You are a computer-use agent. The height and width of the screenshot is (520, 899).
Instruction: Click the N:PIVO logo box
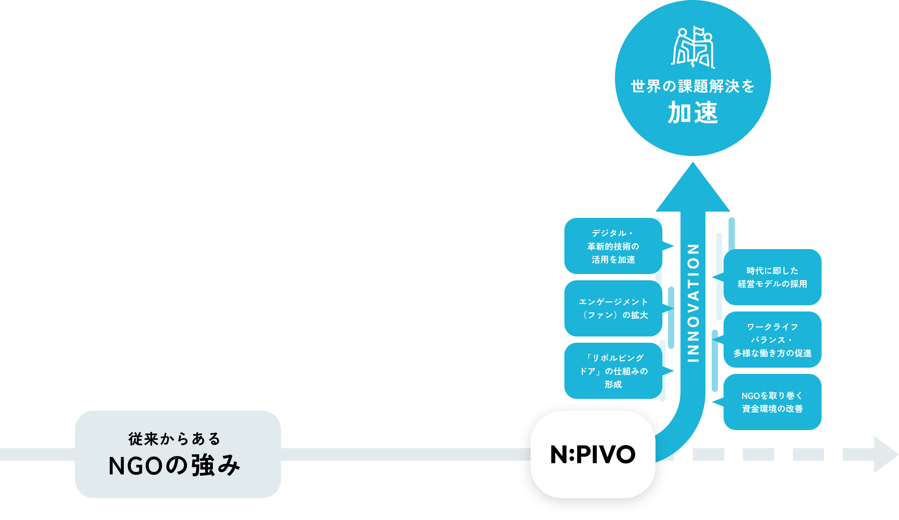pyautogui.click(x=592, y=454)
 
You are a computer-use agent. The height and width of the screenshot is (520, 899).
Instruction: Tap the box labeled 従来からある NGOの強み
pyautogui.click(x=178, y=454)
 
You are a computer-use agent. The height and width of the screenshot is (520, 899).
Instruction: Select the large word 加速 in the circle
pyautogui.click(x=692, y=113)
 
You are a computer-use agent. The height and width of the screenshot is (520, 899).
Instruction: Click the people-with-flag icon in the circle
pyautogui.click(x=692, y=48)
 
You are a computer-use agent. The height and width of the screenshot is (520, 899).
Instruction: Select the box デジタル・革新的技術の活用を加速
pyautogui.click(x=613, y=246)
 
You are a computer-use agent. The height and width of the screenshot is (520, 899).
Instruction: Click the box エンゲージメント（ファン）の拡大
pyautogui.click(x=613, y=308)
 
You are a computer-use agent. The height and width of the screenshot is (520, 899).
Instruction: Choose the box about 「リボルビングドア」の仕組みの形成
pyautogui.click(x=613, y=370)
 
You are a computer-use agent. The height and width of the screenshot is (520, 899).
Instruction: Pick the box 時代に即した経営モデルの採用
pyautogui.click(x=772, y=277)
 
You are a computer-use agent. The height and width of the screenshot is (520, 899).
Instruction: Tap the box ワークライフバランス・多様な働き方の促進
pyautogui.click(x=772, y=340)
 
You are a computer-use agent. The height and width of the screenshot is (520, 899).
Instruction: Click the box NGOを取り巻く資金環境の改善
pyautogui.click(x=772, y=402)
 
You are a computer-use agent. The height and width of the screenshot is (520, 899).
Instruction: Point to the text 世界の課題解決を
pyautogui.click(x=692, y=87)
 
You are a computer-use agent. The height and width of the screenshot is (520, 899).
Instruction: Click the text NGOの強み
pyautogui.click(x=174, y=466)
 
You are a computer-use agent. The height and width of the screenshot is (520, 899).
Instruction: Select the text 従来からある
pyautogui.click(x=174, y=439)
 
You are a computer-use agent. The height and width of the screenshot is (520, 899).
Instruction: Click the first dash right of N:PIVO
pyautogui.click(x=708, y=454)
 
